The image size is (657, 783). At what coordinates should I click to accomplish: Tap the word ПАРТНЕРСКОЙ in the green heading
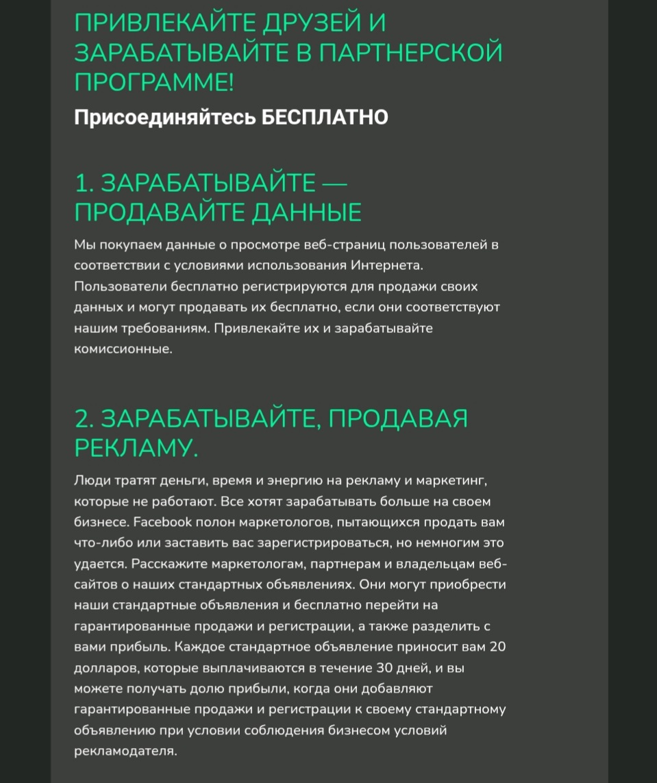coord(404,53)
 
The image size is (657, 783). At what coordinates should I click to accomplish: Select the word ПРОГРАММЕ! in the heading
coord(154,83)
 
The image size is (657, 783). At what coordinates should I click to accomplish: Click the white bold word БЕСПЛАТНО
coord(325,118)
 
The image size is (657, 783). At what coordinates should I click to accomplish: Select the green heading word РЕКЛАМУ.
coord(136,449)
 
